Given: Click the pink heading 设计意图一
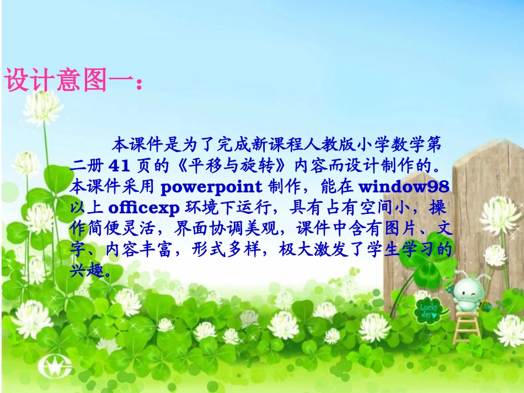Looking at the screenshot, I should point(69,80).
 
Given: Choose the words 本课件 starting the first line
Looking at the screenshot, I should point(132,145).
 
